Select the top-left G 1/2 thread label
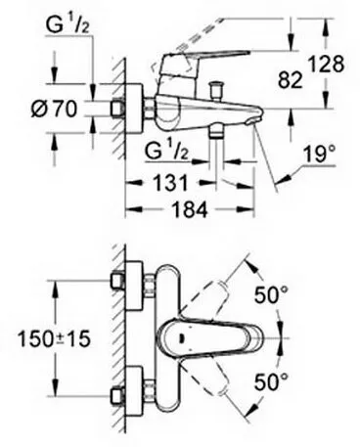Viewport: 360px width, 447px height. click(x=68, y=21)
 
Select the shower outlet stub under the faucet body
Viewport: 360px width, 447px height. click(x=218, y=134)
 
